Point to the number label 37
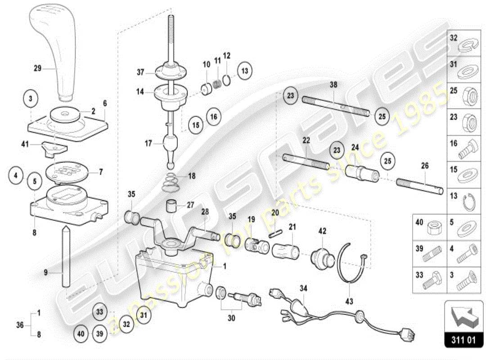tap(140, 71)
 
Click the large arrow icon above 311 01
tap(463, 314)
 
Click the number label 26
tap(425, 166)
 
